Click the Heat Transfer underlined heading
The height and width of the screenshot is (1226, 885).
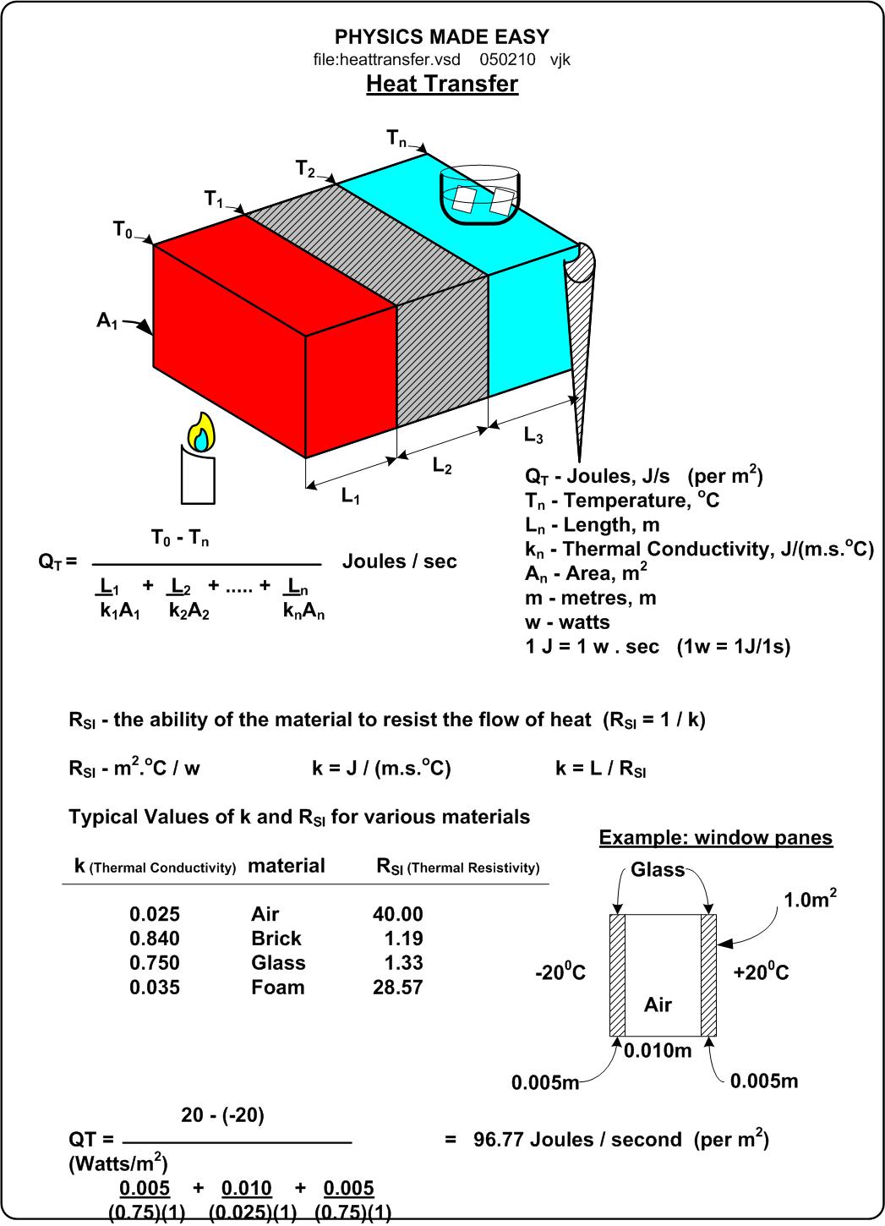point(441,84)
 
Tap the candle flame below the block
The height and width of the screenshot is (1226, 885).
point(201,433)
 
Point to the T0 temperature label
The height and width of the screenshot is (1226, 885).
point(123,229)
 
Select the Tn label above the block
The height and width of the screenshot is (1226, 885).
point(396,137)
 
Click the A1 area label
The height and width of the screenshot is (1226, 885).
point(107,320)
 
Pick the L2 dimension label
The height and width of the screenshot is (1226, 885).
point(442,465)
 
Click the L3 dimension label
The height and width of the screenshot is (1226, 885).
point(533,435)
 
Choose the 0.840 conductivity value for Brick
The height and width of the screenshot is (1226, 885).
point(155,939)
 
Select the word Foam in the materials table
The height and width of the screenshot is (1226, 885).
point(277,988)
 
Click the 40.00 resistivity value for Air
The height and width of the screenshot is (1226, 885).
point(397,914)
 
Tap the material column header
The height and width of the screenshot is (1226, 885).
point(286,866)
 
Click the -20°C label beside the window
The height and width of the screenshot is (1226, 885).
point(560,973)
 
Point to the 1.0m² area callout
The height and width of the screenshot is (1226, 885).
point(811,900)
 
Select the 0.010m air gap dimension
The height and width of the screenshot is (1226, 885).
point(658,1051)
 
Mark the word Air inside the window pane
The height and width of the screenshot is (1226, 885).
point(658,1004)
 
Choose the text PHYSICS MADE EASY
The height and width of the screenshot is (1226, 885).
point(441,37)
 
